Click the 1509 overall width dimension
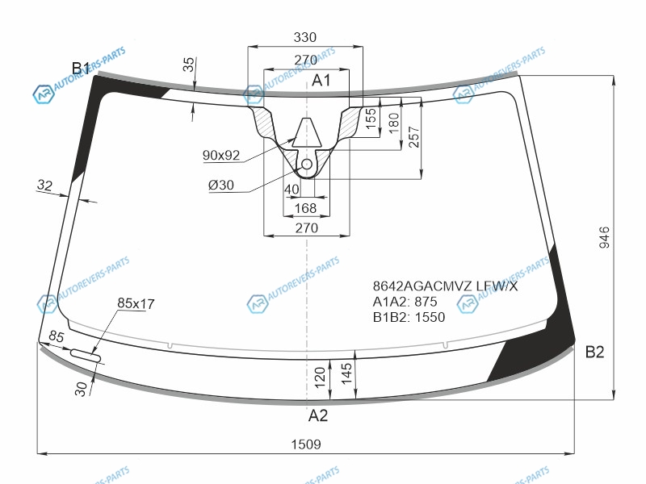[306, 444]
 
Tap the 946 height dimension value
[604, 237]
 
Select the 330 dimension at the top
[305, 37]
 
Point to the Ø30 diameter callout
[220, 186]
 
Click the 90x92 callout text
[221, 155]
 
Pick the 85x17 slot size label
[136, 303]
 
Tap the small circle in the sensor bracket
[307, 165]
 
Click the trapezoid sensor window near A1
[307, 132]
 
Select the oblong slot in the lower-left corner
[86, 356]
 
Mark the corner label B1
[80, 68]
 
